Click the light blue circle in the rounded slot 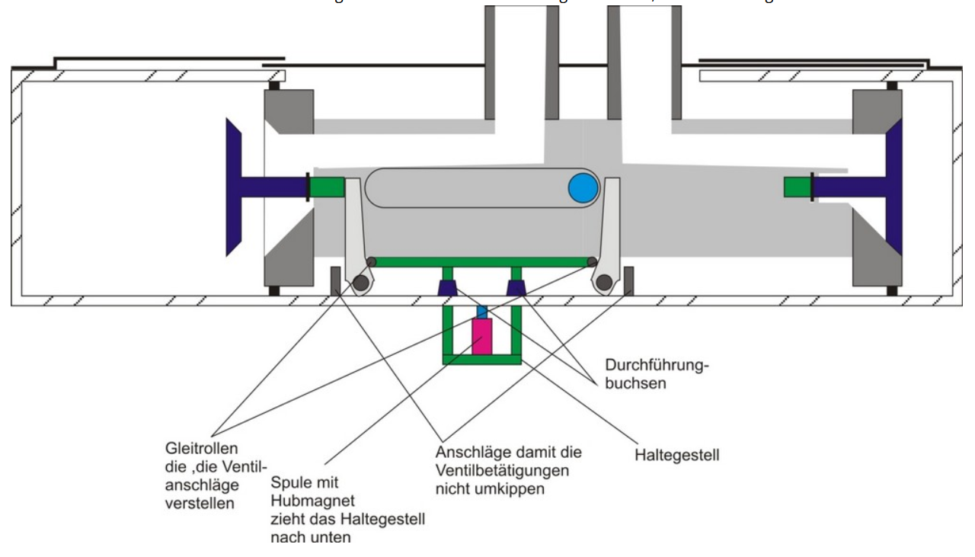click(x=583, y=187)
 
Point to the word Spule click(x=288, y=483)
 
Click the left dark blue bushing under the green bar click(x=448, y=288)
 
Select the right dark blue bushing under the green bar click(x=517, y=288)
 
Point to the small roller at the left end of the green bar click(x=371, y=262)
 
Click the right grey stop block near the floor click(x=628, y=280)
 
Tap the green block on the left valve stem click(x=327, y=187)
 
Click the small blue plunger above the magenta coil click(x=481, y=312)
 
